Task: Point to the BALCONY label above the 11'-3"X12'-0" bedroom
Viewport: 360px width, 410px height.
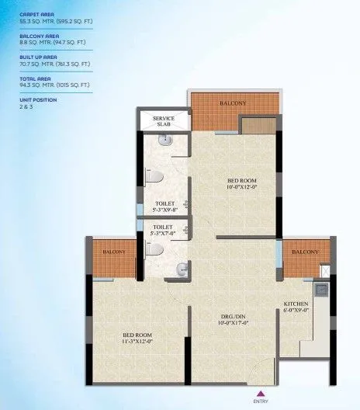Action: [115, 252]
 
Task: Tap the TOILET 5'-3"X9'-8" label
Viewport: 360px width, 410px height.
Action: [164, 207]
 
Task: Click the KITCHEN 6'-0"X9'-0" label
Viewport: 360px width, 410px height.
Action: [297, 307]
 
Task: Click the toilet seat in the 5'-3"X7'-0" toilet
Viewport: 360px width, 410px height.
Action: [155, 250]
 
